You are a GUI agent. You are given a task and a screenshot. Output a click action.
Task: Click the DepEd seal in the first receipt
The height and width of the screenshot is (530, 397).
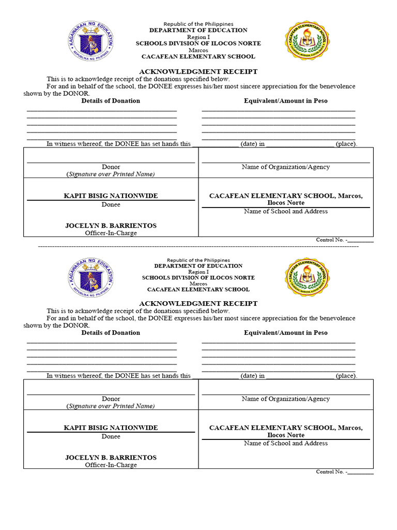[x=90, y=41]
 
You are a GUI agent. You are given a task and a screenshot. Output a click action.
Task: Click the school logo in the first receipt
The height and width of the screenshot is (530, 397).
[x=307, y=41]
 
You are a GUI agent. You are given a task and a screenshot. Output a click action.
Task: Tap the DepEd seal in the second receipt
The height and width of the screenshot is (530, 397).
[x=90, y=277]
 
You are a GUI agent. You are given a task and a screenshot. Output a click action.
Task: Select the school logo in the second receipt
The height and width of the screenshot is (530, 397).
[x=307, y=277]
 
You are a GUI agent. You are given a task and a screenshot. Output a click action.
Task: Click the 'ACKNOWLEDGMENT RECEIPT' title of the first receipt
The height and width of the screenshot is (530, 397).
[x=198, y=71]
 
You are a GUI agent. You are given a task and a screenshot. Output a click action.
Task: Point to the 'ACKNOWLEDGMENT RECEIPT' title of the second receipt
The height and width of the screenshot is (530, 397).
[x=198, y=303]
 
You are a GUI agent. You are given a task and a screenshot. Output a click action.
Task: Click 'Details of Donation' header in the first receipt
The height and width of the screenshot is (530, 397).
[x=111, y=100]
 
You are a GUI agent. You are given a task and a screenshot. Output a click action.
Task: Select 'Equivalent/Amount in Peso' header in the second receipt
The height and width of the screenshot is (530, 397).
[x=285, y=332]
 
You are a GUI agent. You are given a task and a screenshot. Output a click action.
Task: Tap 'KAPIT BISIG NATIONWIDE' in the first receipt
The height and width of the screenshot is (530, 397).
[x=111, y=196]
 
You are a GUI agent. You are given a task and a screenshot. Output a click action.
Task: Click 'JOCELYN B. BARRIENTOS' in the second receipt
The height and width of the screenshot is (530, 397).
[x=111, y=458]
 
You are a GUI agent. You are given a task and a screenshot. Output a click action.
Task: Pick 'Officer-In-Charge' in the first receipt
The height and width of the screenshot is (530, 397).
[x=111, y=233]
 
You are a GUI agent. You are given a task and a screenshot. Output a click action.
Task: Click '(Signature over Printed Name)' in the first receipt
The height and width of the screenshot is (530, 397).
[x=111, y=174]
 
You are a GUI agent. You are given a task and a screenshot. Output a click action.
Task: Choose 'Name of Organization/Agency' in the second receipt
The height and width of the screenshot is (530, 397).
[x=285, y=399]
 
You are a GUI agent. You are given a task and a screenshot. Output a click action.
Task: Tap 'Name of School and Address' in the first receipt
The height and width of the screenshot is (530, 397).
[x=285, y=211]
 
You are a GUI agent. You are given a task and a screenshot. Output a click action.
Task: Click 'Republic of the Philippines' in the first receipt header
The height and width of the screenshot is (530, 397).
[x=198, y=24]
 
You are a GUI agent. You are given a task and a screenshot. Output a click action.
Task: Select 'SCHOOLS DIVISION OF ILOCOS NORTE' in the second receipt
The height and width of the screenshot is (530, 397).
[x=198, y=277]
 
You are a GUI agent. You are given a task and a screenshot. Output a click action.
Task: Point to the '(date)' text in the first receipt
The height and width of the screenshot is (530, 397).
[x=249, y=144]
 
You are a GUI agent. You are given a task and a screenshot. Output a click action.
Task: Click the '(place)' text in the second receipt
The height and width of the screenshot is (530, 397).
[x=346, y=376]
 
